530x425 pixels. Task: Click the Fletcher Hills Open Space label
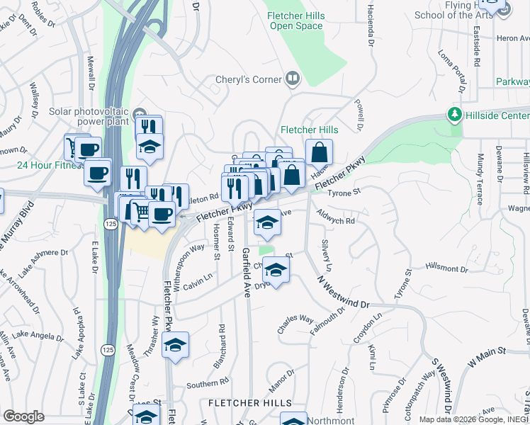click(295, 21)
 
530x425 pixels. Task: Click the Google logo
click(23, 416)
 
